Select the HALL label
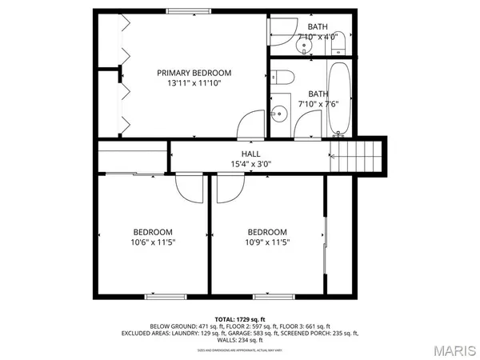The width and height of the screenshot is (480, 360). [x=250, y=154]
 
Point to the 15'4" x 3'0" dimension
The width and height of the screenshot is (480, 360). [x=250, y=164]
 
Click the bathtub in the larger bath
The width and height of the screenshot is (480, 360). [x=339, y=100]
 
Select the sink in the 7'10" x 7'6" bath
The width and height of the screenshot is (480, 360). [x=279, y=113]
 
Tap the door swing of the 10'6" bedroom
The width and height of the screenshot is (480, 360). [x=190, y=186]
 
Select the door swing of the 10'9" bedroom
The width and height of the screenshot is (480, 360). [x=227, y=186]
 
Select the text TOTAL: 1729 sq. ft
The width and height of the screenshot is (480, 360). [x=239, y=318]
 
